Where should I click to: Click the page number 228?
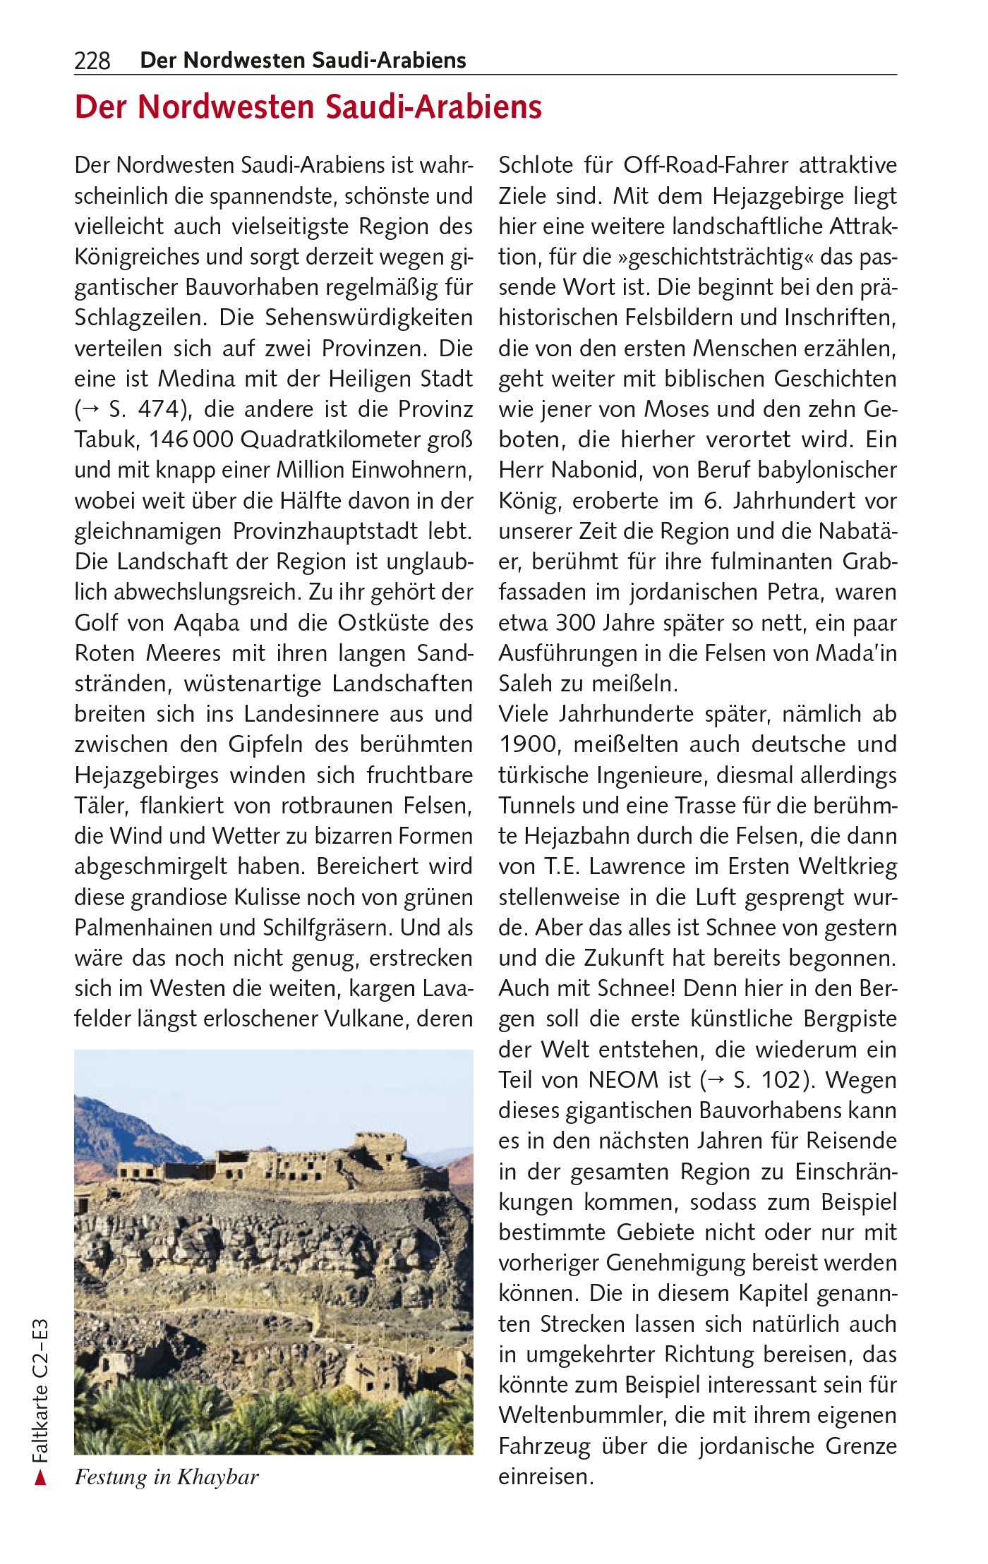(x=92, y=61)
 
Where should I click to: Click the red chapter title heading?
(x=308, y=108)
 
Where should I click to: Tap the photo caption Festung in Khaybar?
(x=167, y=1477)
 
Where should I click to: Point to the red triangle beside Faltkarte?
(x=41, y=1477)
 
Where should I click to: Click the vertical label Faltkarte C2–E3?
(x=40, y=1390)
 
